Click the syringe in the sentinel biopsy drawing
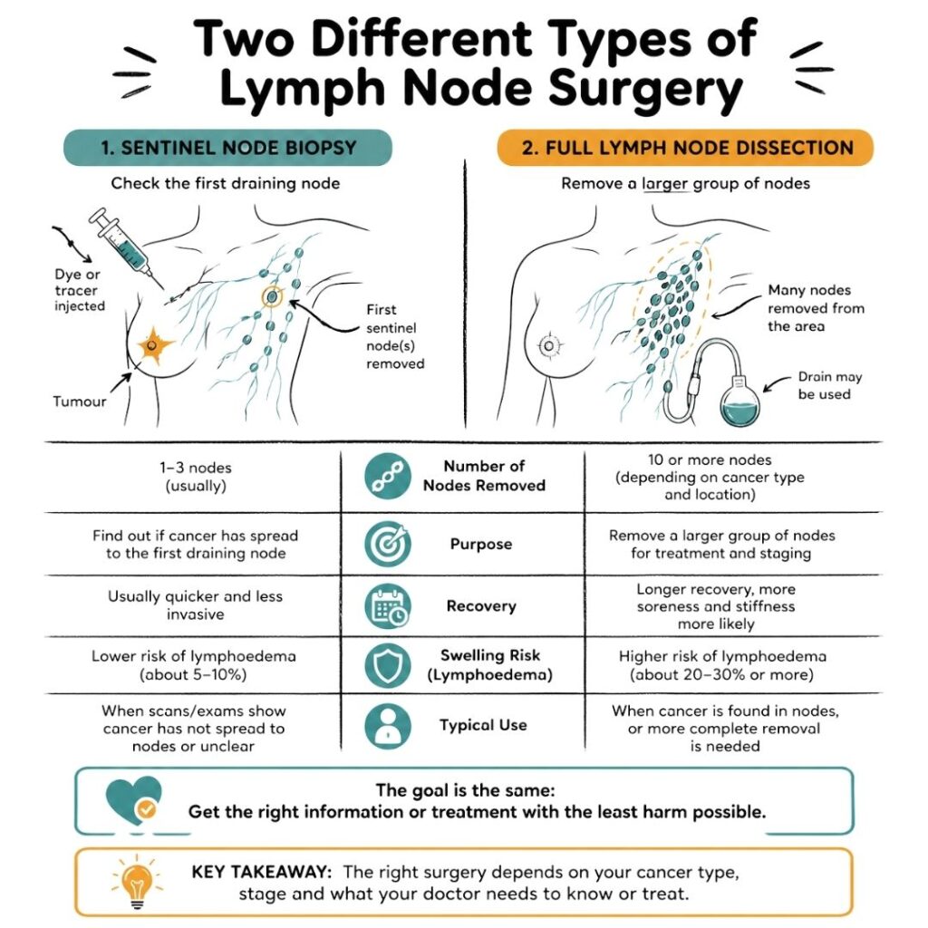[x=121, y=240]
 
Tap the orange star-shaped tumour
[x=155, y=345]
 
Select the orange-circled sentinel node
[x=271, y=295]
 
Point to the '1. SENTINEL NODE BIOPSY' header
[x=227, y=148]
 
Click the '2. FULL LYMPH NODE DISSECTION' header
[x=685, y=148]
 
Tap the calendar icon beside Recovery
[x=388, y=606]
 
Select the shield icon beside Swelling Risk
[x=388, y=665]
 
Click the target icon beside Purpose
[x=388, y=545]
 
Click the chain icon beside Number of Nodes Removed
[x=388, y=477]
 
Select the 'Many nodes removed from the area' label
[x=816, y=308]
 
